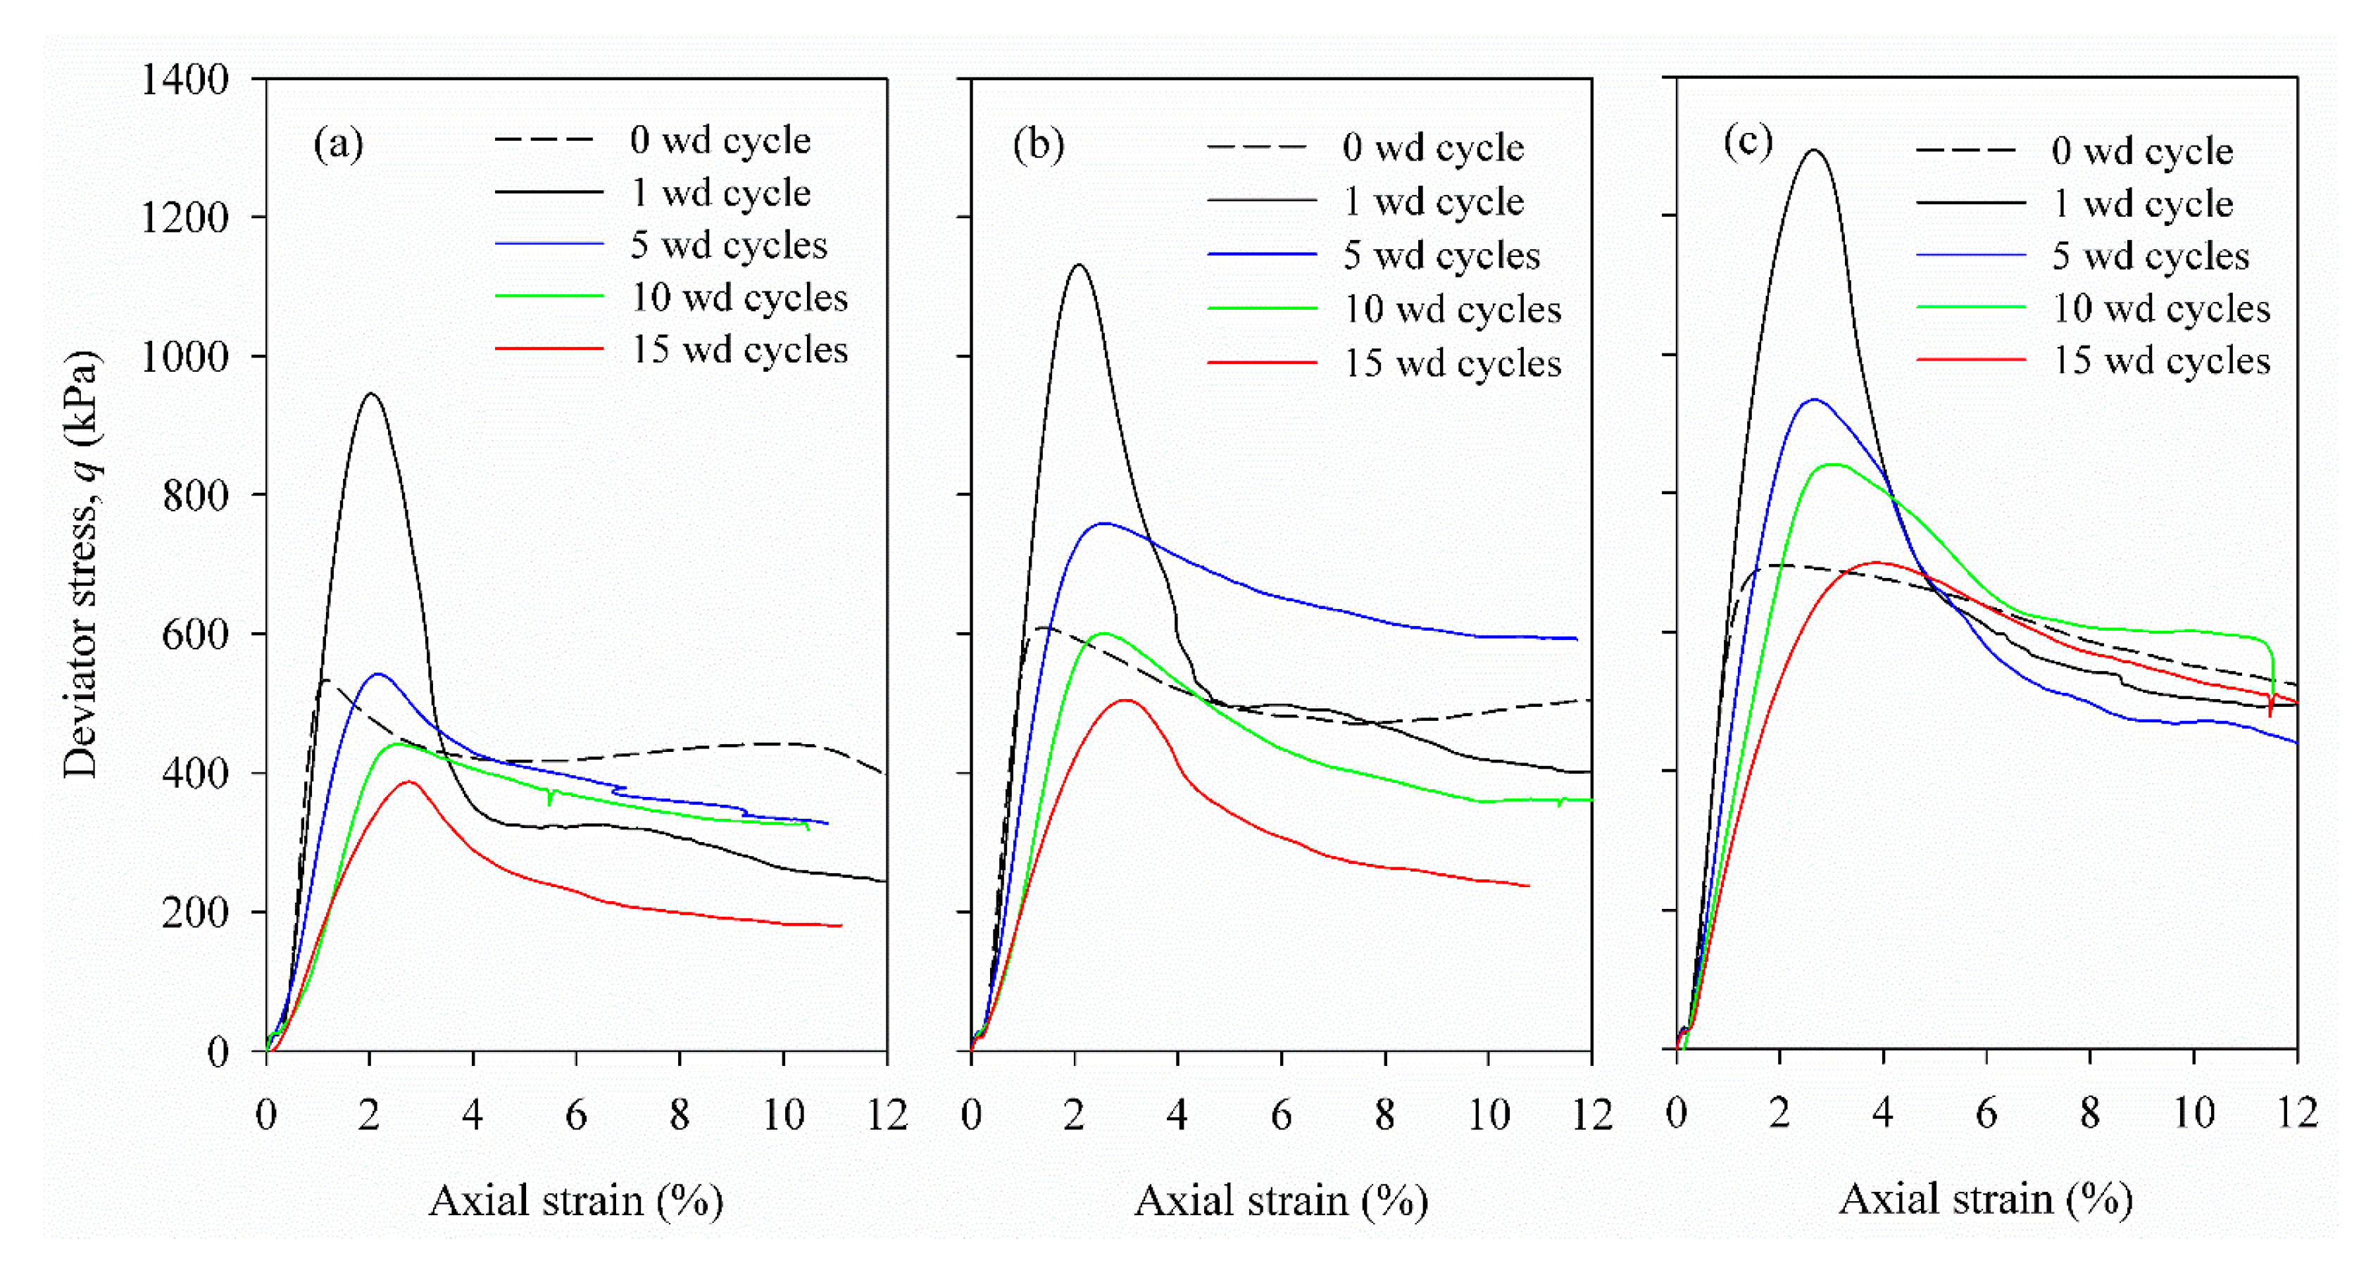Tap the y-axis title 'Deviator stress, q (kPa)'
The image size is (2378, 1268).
81,563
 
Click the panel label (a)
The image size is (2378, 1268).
339,144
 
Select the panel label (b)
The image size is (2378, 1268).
1039,145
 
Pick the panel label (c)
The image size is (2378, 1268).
1748,142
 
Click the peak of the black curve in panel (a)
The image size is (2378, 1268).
371,394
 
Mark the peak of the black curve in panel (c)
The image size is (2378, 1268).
1815,151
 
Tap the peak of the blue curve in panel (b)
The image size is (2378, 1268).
1104,523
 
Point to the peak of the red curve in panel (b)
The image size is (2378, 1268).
1126,700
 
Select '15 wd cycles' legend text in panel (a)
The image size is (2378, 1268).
739,350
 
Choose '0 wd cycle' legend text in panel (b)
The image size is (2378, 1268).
1433,148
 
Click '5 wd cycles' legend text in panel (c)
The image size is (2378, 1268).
2150,256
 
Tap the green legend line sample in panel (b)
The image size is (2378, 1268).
1261,309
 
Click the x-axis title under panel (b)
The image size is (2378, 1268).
1280,1200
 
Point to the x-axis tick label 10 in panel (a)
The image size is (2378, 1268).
783,1115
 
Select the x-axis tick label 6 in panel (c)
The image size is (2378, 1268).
1986,1113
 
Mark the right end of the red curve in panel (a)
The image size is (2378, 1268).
840,924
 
